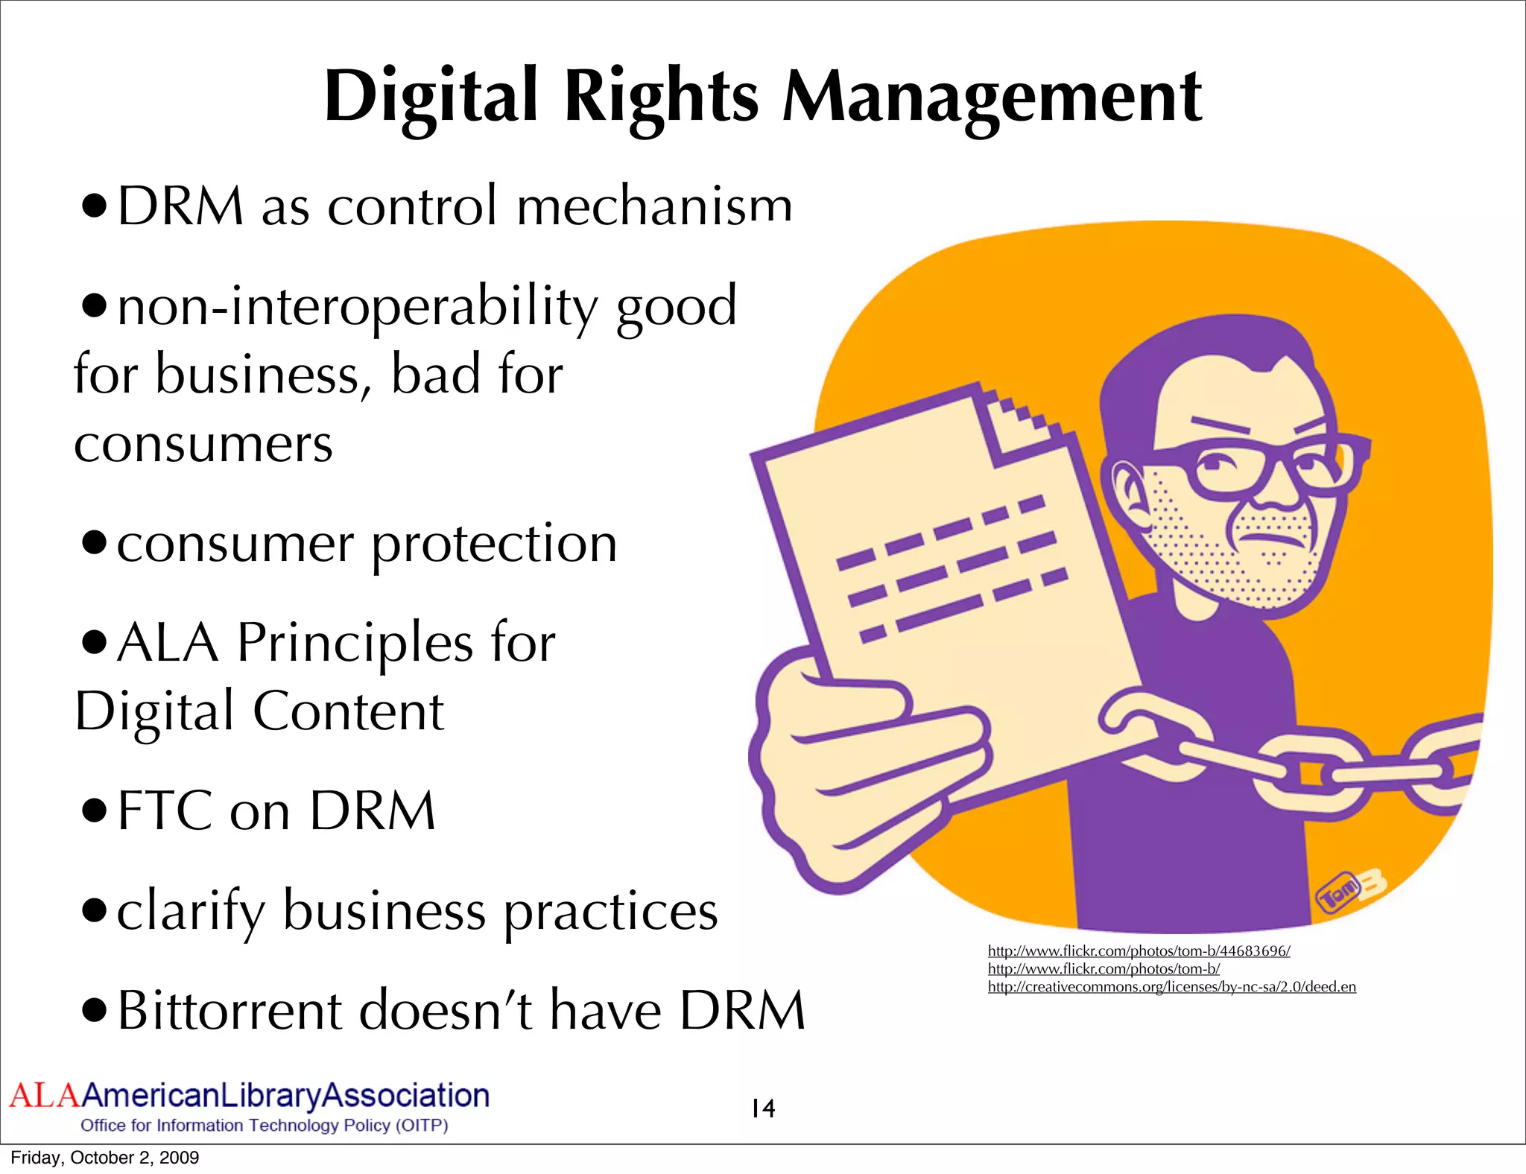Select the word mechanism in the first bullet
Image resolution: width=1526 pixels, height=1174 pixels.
654,206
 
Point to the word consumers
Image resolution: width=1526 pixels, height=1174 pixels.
203,445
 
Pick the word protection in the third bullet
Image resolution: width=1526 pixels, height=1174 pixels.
494,545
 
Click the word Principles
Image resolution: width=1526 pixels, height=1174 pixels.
355,644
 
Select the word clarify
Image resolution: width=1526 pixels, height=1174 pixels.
191,912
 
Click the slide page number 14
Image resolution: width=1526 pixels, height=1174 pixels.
763,1109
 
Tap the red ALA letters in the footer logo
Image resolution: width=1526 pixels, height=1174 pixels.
44,1096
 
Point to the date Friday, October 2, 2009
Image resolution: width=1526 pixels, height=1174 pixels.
105,1158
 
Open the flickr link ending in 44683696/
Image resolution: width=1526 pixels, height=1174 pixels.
1139,951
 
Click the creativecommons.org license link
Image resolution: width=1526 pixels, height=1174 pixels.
1171,987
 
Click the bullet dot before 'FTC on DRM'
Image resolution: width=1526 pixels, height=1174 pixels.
95,811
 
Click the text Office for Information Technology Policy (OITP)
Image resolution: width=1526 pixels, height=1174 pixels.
264,1125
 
